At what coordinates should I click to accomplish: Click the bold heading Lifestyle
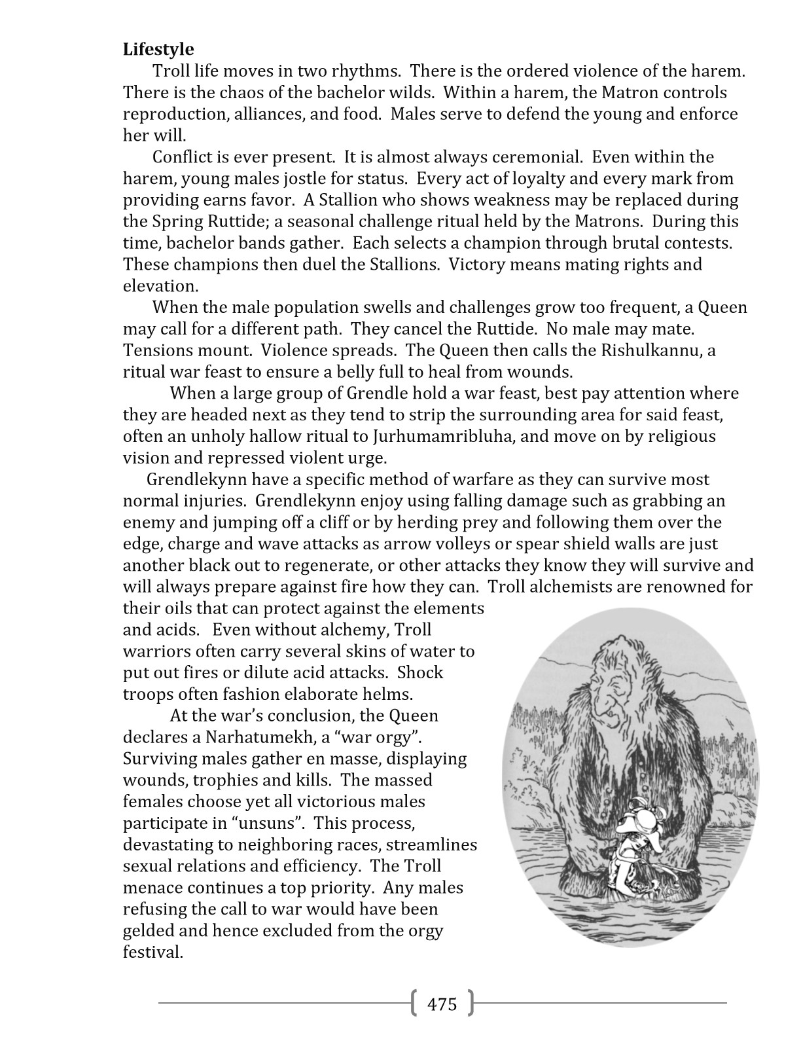pos(158,49)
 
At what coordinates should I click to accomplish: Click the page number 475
pos(442,1004)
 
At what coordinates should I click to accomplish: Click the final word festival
pos(153,952)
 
